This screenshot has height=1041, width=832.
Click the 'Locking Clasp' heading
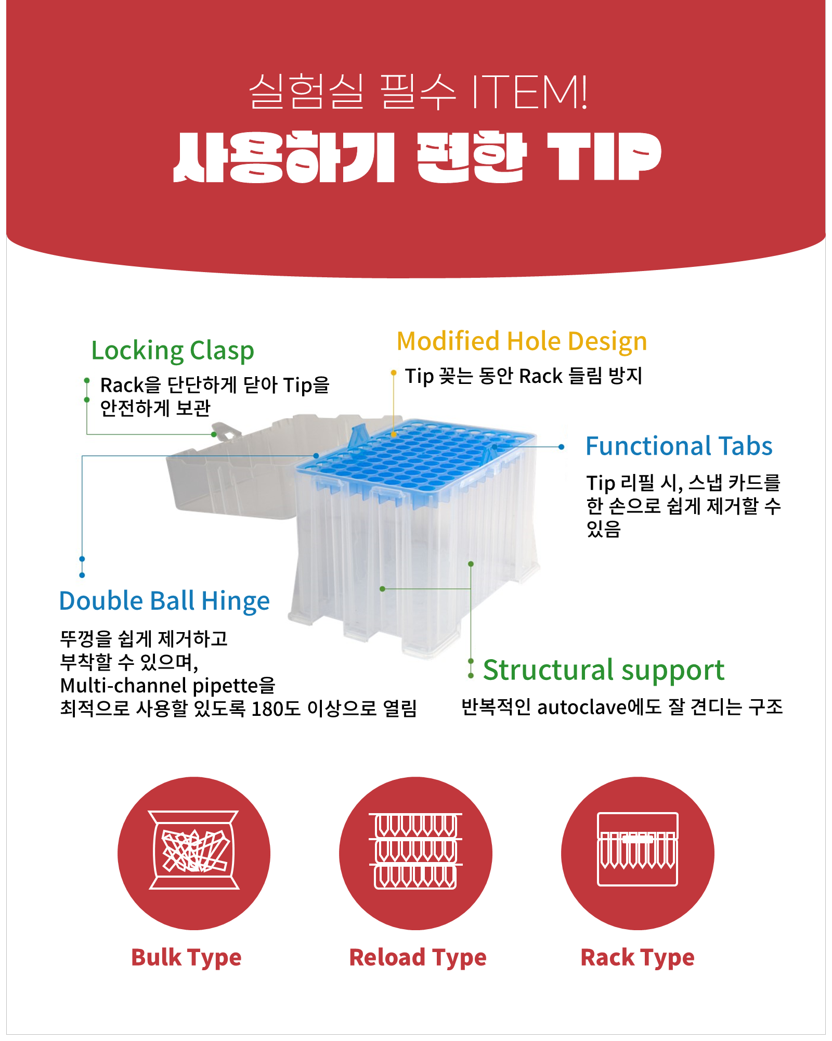click(173, 351)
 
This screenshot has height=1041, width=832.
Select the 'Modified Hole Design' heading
click(522, 342)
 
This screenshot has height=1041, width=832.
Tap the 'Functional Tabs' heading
click(679, 446)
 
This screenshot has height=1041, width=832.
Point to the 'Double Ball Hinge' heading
click(164, 601)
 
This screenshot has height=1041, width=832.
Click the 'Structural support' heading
click(603, 670)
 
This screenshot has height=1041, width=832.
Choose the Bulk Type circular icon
click(194, 853)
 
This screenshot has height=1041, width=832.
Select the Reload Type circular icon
click(415, 853)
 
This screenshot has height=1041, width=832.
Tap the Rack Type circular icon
click(638, 853)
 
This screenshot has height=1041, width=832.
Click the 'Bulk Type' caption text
click(186, 958)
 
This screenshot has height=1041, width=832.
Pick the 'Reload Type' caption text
click(418, 958)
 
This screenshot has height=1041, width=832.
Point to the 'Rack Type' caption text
click(637, 958)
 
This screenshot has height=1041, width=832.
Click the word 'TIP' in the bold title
click(603, 157)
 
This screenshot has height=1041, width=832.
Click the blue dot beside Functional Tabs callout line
click(561, 447)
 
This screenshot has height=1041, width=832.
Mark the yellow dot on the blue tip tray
click(394, 434)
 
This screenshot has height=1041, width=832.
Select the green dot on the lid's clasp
click(214, 434)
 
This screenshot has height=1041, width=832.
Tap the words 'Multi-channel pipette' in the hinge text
click(159, 686)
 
